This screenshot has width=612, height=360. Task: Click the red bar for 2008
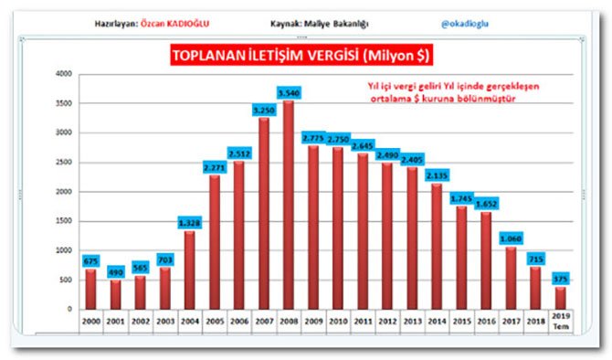pos(289,206)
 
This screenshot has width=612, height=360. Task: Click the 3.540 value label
pos(289,93)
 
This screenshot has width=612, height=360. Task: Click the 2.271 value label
pos(216,167)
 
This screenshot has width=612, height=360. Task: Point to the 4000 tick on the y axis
pos(63,74)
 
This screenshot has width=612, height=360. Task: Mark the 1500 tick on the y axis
pos(63,220)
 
